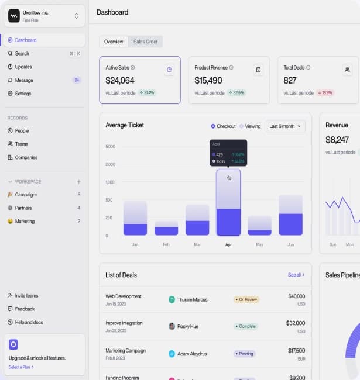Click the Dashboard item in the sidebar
tap(26, 40)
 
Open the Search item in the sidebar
tap(22, 54)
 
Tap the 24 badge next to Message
tap(76, 80)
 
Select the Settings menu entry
tap(23, 94)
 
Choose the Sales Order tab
tap(145, 42)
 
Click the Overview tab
tap(114, 42)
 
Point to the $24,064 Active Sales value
tap(120, 81)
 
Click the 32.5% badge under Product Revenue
tap(236, 93)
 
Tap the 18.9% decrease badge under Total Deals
tap(325, 93)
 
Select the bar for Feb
tap(166, 228)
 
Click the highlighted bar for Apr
tap(228, 203)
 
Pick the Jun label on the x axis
tap(290, 244)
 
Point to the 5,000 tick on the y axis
tap(110, 146)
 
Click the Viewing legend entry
tap(250, 126)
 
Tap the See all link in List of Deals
tap(296, 275)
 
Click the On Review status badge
tap(246, 300)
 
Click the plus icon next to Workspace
tap(79, 182)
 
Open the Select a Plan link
tap(21, 367)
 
